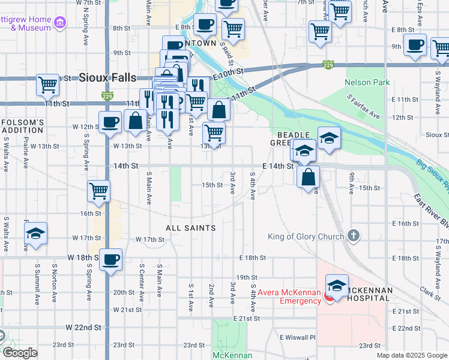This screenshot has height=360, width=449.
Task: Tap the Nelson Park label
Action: [367, 82]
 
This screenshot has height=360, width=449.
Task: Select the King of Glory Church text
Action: [306, 236]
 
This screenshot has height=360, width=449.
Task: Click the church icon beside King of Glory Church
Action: [354, 236]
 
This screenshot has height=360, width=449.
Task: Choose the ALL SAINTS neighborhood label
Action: [190, 228]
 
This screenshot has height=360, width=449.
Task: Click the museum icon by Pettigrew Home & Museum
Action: [60, 23]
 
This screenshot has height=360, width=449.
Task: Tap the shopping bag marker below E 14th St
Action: [308, 178]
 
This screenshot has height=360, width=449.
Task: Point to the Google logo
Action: [19, 353]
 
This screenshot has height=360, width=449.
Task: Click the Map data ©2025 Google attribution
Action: [412, 355]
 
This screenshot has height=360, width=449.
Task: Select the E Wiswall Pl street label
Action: [297, 337]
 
